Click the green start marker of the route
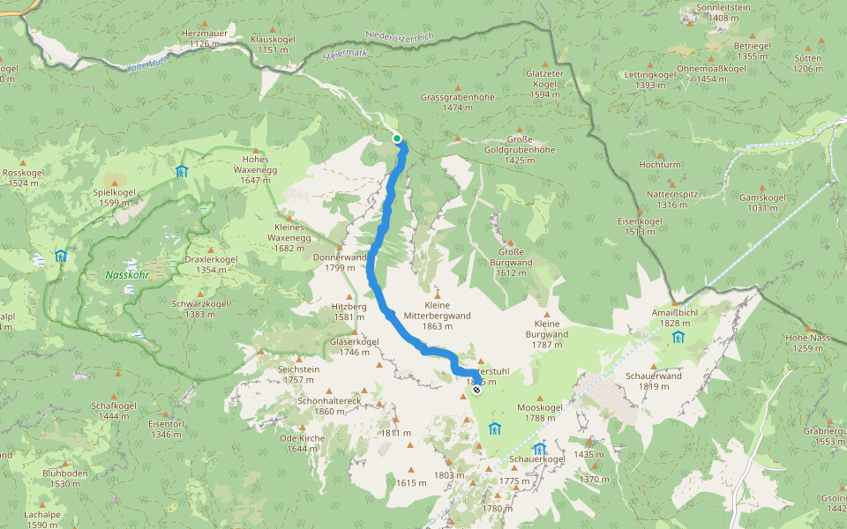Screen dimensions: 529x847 [397, 138]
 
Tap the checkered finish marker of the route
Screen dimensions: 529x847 [476, 389]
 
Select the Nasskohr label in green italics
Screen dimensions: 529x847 [126, 275]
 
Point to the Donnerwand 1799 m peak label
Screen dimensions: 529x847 [340, 262]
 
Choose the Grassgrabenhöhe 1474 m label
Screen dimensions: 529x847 [457, 102]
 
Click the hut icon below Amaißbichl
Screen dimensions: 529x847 [678, 337]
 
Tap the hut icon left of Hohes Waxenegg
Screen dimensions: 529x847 [181, 171]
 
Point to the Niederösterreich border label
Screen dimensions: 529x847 [401, 37]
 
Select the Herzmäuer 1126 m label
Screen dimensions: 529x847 [205, 38]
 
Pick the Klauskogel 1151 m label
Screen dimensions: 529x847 [274, 45]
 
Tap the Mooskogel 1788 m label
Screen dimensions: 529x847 [540, 413]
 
